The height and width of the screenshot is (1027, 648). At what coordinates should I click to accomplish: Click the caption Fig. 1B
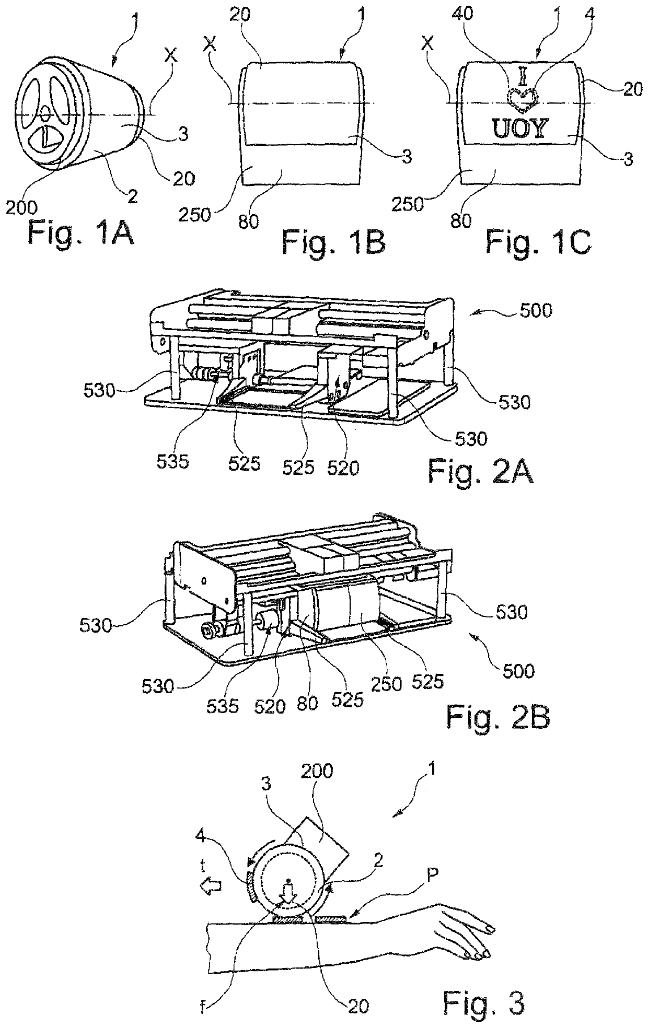coord(334,241)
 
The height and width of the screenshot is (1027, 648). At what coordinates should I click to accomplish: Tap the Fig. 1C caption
coord(539,241)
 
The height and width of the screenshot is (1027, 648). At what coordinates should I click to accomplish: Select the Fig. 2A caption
coord(480,472)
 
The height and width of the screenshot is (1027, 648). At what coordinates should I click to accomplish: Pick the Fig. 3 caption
coord(483,986)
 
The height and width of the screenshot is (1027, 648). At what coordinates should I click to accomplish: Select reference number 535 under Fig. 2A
coord(172,462)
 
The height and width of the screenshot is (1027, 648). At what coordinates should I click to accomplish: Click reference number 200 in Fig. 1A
coord(21,208)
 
